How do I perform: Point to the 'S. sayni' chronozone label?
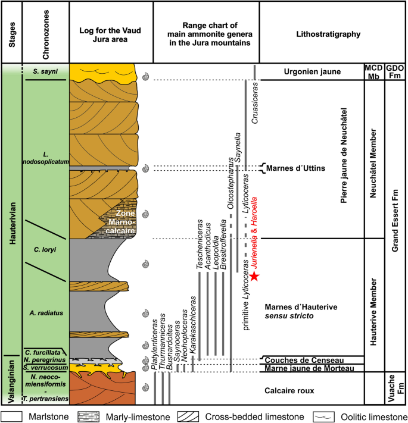[x=44, y=71]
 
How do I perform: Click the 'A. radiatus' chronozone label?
[x=45, y=311]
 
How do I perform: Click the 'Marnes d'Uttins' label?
[x=295, y=168]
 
